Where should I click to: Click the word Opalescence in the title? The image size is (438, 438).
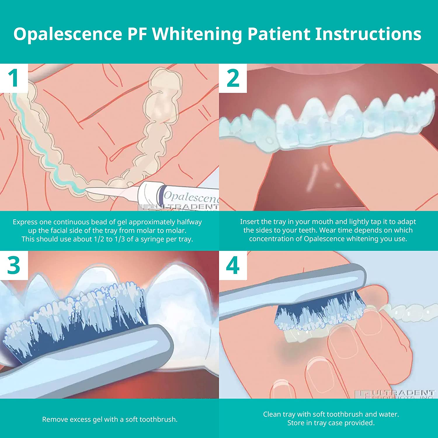68,34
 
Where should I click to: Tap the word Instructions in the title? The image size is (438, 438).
368,34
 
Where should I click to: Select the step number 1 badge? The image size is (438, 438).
13,78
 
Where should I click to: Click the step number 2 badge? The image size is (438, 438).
233,78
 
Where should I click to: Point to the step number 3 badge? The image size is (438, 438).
13,265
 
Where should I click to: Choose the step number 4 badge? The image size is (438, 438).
233,265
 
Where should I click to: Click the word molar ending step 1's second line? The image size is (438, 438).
176,230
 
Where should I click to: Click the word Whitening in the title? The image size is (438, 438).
197,34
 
